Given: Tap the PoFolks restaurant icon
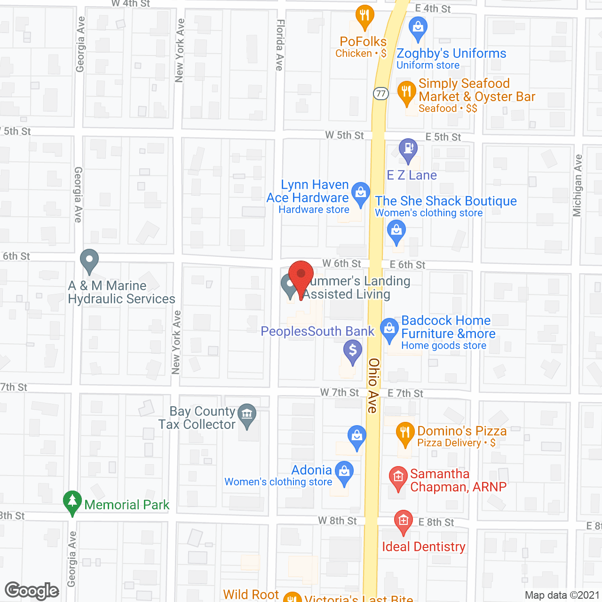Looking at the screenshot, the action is point(364,16).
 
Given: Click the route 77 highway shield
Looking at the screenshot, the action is point(381,93).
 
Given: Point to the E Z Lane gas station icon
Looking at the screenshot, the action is point(408,149).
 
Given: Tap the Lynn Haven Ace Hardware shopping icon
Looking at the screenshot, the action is point(361,193).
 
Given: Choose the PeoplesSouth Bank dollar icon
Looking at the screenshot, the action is point(353,350).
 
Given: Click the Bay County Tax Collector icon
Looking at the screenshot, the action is point(247,414).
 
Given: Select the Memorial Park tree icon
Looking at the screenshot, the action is point(72,501).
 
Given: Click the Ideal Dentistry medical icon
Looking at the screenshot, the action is point(403,521).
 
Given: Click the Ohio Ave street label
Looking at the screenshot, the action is point(373,386).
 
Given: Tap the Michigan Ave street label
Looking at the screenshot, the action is point(578,185).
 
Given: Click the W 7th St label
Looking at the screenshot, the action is point(340,392).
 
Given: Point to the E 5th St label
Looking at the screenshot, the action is point(443,137).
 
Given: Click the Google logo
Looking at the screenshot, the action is point(32,591).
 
